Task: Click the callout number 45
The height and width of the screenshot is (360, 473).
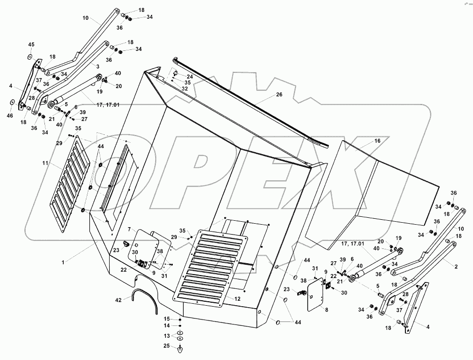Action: (x=31, y=45)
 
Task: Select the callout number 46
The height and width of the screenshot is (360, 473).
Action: (x=10, y=116)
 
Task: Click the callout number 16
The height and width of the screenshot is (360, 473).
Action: (x=377, y=141)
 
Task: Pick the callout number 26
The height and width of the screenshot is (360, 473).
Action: (x=279, y=94)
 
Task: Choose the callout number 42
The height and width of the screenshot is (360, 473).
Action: (x=118, y=300)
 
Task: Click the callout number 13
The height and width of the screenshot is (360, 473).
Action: (x=167, y=336)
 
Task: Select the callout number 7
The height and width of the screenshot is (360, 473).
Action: (x=129, y=229)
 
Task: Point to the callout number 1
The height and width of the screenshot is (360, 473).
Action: (x=63, y=263)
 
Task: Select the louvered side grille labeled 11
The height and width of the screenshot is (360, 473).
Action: (x=70, y=184)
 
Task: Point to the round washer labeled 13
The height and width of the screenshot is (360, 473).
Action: (x=180, y=336)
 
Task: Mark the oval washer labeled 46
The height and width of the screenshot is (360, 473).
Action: (x=11, y=103)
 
